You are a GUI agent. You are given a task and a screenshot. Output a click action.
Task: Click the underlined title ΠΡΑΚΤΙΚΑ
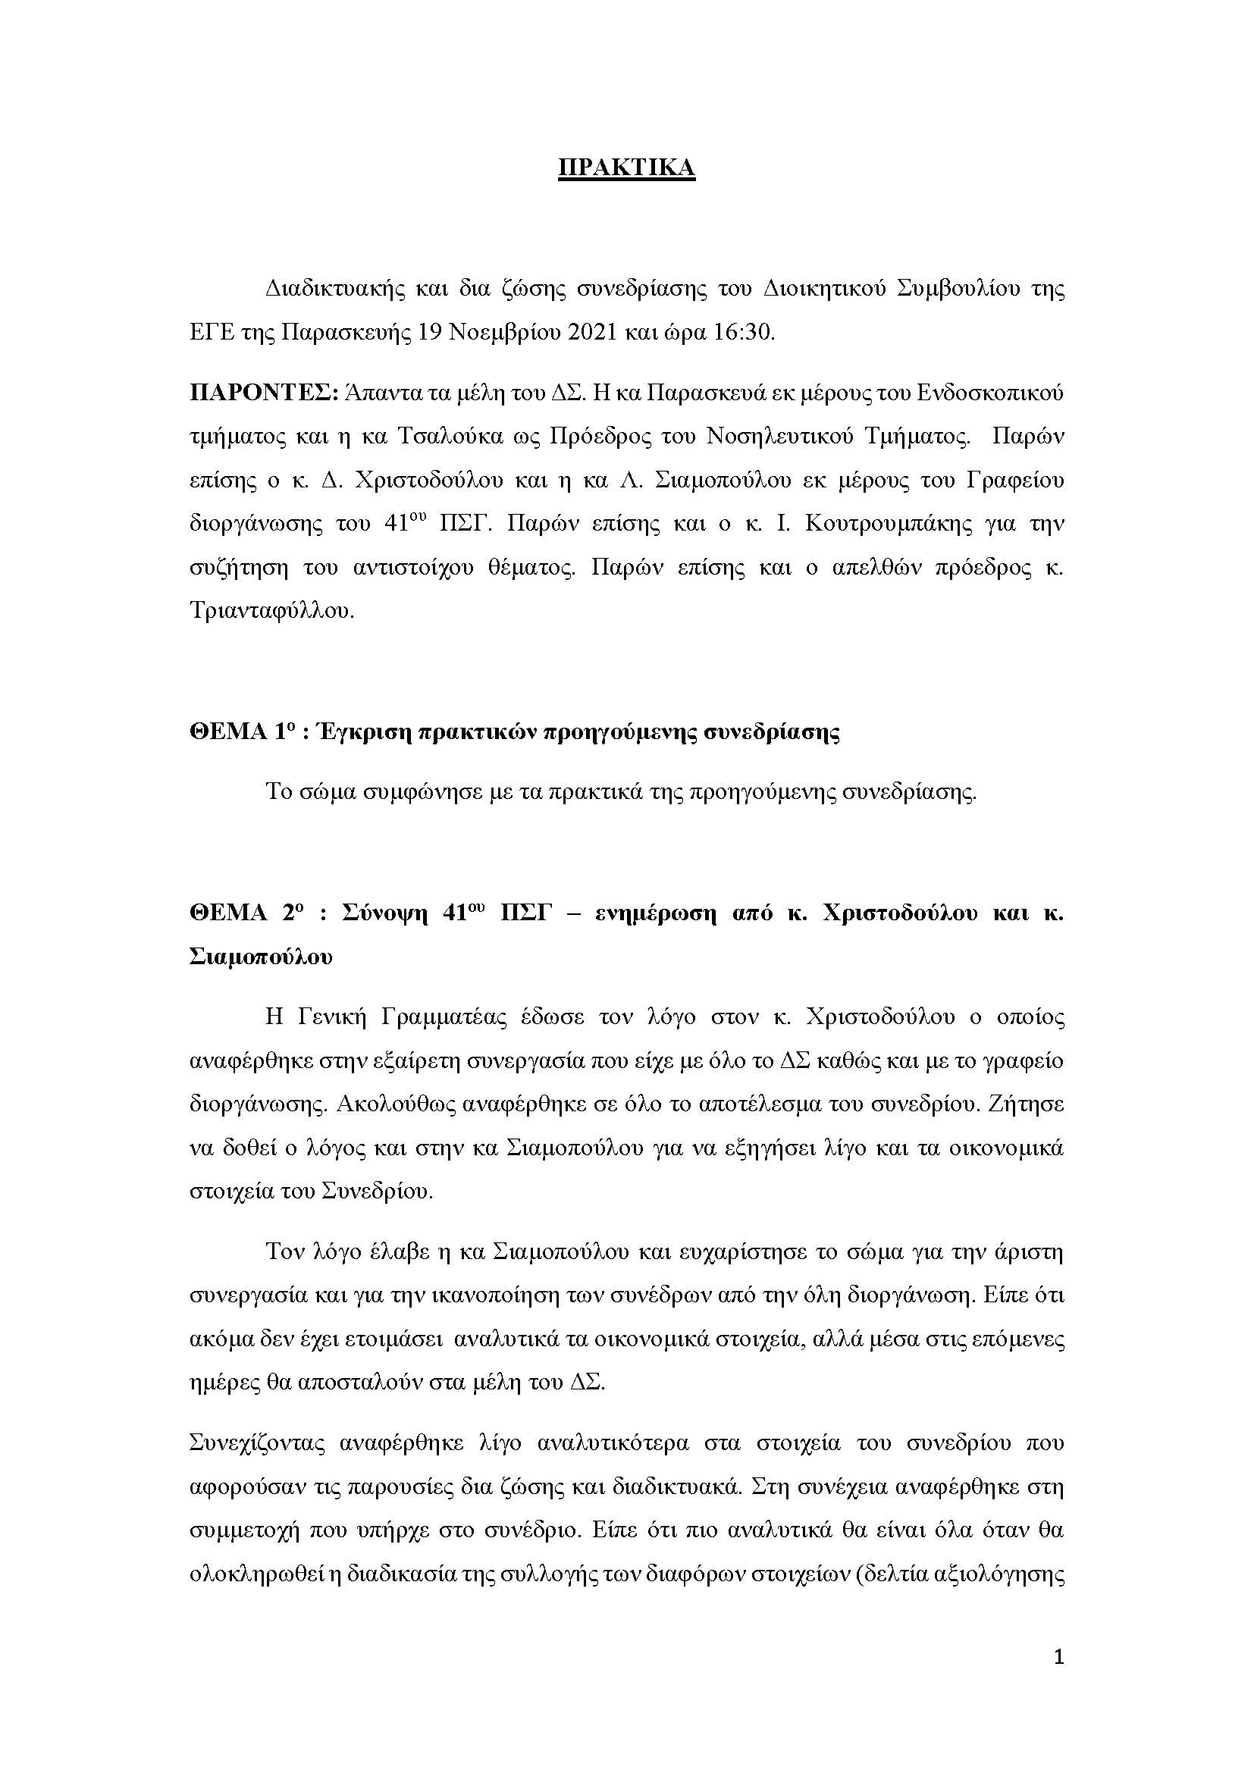point(626,168)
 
